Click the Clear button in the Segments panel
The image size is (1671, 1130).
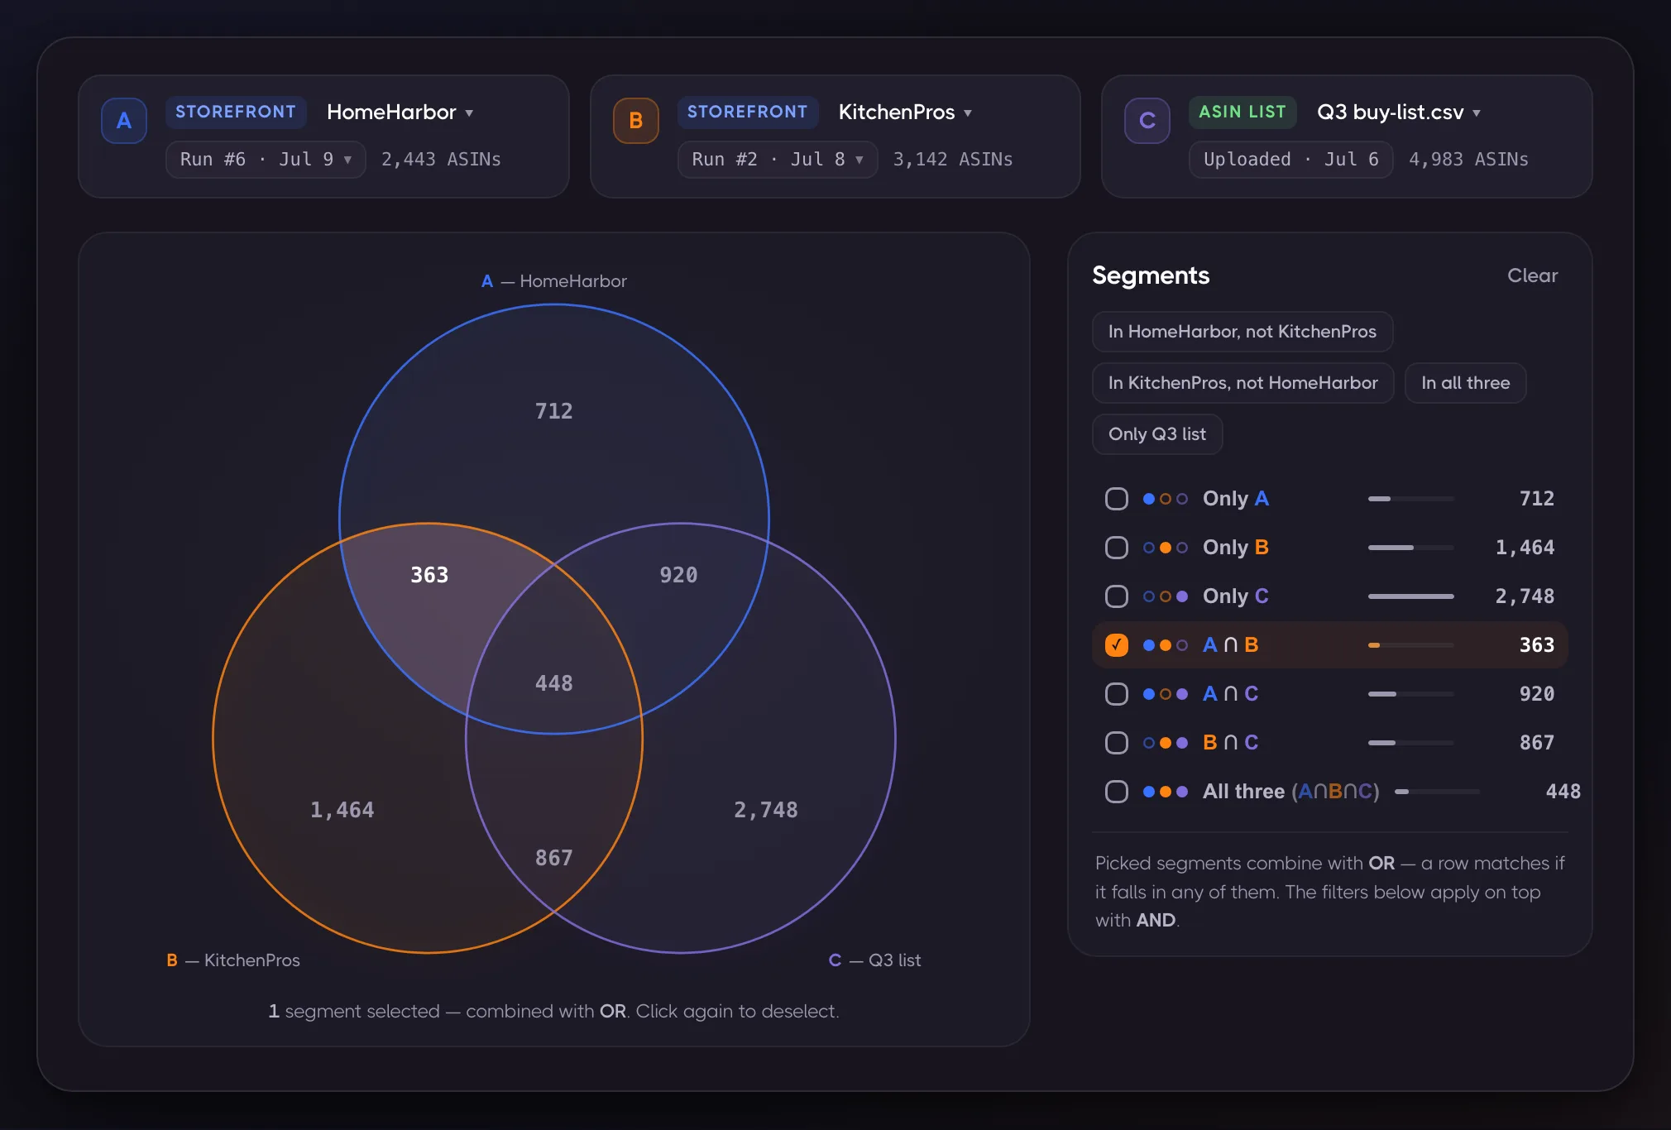[1532, 275]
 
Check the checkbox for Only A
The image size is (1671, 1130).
[1117, 499]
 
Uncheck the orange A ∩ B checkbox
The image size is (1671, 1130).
[1117, 645]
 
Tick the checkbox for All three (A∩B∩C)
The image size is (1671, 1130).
[1117, 792]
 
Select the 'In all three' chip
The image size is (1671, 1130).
[1465, 383]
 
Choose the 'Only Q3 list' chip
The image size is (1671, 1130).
[1157, 434]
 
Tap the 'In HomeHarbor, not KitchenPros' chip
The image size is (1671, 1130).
[1242, 332]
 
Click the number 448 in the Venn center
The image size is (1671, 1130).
[553, 683]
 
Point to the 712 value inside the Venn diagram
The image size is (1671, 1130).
[553, 411]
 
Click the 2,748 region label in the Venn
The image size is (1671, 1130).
[766, 810]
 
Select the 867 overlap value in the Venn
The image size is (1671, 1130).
[553, 858]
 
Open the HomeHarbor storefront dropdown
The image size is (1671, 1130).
[400, 113]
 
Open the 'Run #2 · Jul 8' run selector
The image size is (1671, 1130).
[778, 160]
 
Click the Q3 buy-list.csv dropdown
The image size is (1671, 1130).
[1399, 113]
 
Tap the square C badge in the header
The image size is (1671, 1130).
[1147, 121]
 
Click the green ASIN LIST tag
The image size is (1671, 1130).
[1242, 113]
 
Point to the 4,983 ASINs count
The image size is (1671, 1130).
[1468, 160]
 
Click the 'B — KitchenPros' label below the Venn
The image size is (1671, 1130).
[233, 960]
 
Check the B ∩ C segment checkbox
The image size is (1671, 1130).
[1117, 743]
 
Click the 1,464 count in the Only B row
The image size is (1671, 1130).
[1525, 548]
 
